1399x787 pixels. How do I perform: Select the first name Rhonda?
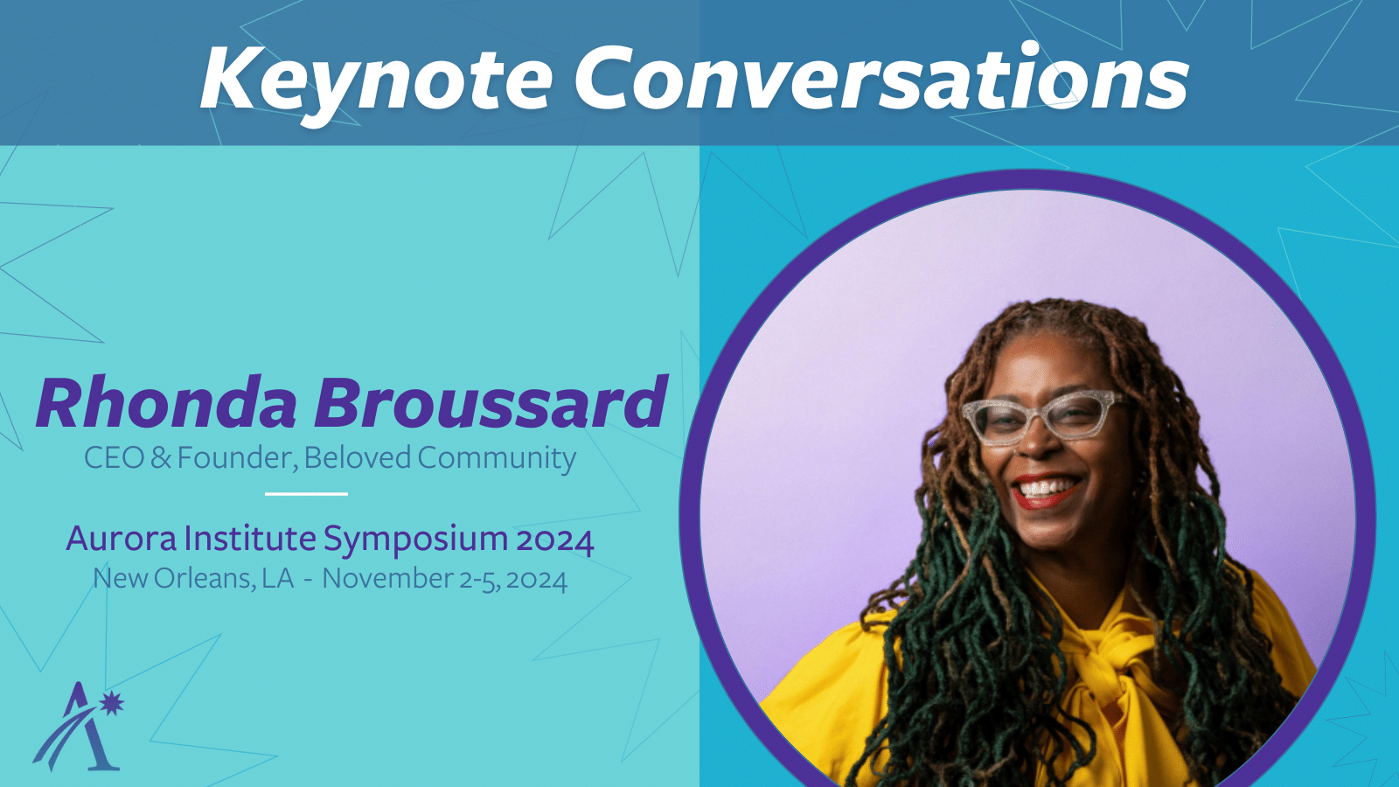coord(167,403)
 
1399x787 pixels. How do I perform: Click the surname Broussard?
coord(491,403)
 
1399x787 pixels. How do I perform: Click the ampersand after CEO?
coord(161,458)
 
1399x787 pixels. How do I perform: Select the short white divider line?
coord(306,494)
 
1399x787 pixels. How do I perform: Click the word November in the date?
coord(387,579)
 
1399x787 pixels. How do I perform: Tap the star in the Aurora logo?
coord(112,703)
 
